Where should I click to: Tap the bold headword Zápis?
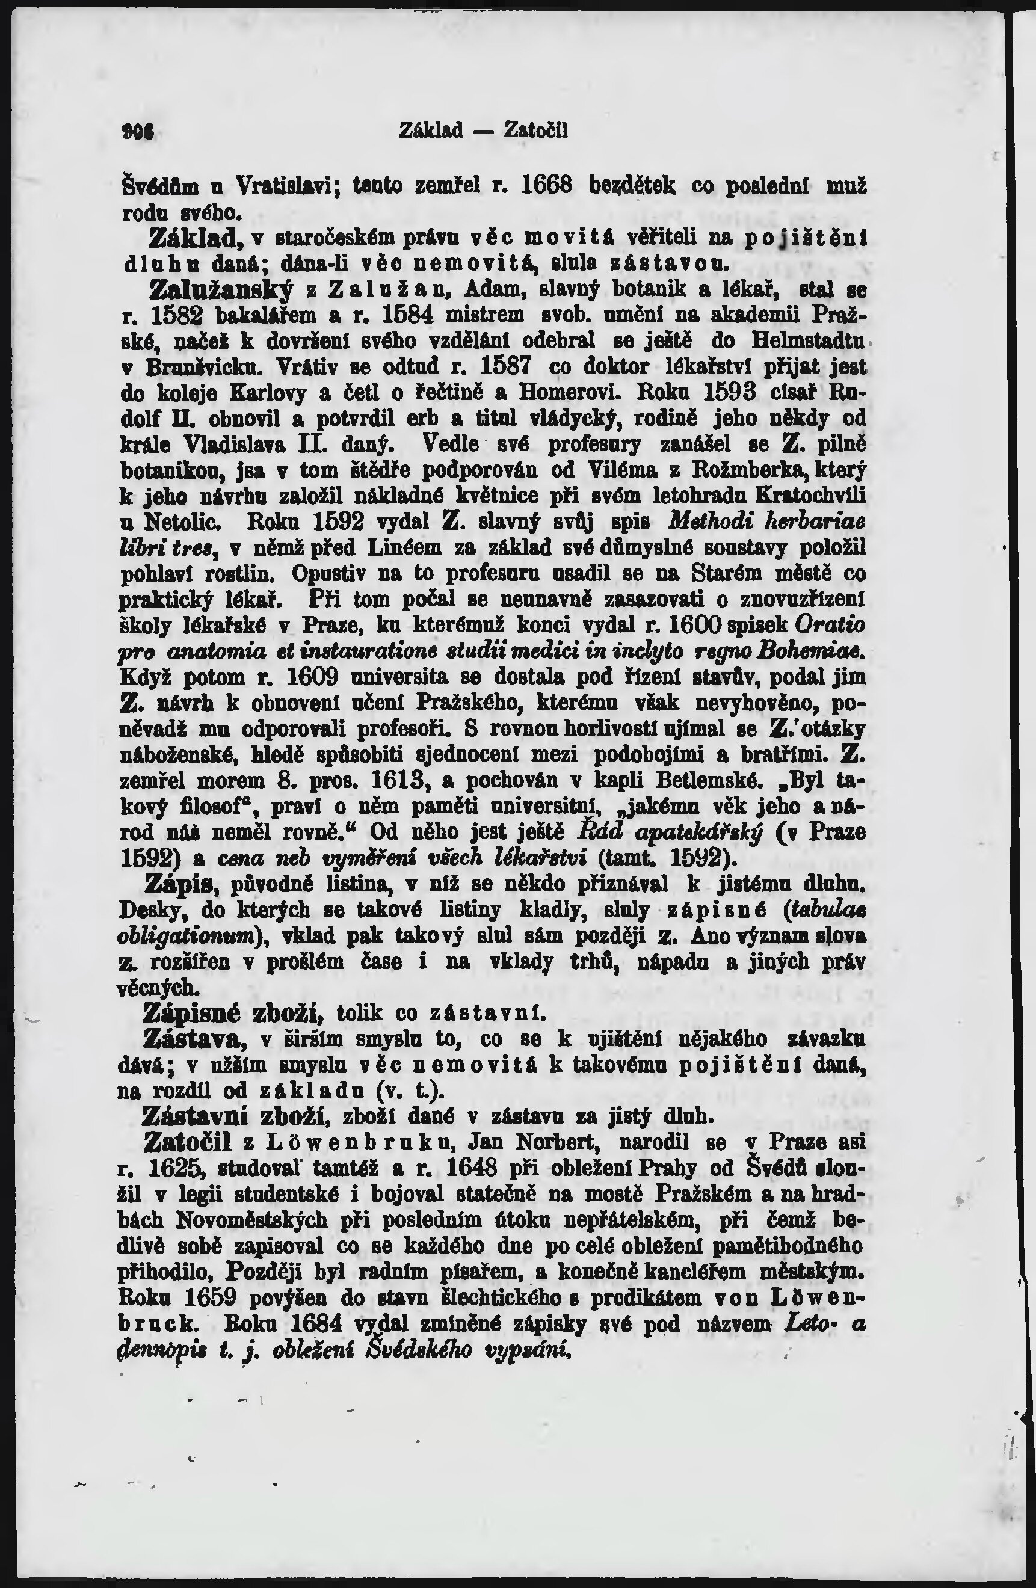point(183,884)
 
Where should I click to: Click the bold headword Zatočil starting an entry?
point(188,1142)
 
